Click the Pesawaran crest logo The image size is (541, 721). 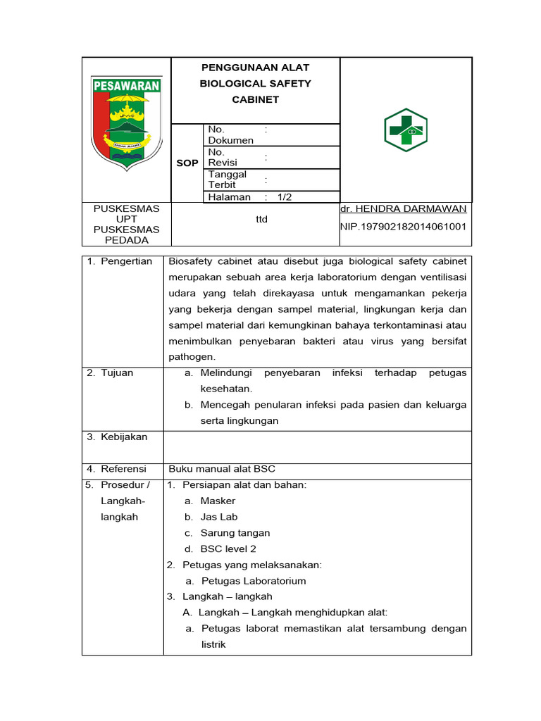coord(127,120)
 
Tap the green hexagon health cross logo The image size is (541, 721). coord(406,130)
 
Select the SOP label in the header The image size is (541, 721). coord(187,163)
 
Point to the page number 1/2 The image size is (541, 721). coord(285,197)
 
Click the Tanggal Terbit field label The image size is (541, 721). coord(227,180)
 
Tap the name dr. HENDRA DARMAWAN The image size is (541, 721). coord(403,209)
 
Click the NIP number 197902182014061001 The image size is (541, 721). coord(403,226)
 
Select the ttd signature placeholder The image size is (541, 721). coord(261,219)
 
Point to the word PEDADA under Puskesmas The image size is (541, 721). coord(127,240)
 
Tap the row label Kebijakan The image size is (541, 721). coord(123,437)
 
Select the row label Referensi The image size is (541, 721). coord(123,468)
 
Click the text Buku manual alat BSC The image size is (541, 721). coord(217,468)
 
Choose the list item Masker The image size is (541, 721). coord(218,501)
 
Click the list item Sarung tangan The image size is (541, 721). coord(235,533)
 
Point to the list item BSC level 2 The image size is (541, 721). coord(228,548)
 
